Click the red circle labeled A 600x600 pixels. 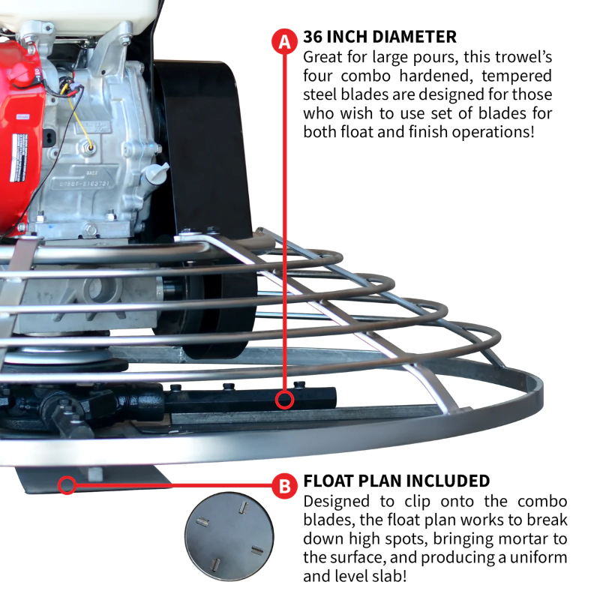(x=284, y=41)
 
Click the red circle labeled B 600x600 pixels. (x=285, y=487)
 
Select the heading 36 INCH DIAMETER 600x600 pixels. (x=379, y=37)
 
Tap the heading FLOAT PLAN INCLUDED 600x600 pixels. (x=397, y=481)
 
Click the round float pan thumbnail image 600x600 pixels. (x=229, y=535)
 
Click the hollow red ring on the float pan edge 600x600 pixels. (x=67, y=485)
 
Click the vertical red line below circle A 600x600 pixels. (x=284, y=225)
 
